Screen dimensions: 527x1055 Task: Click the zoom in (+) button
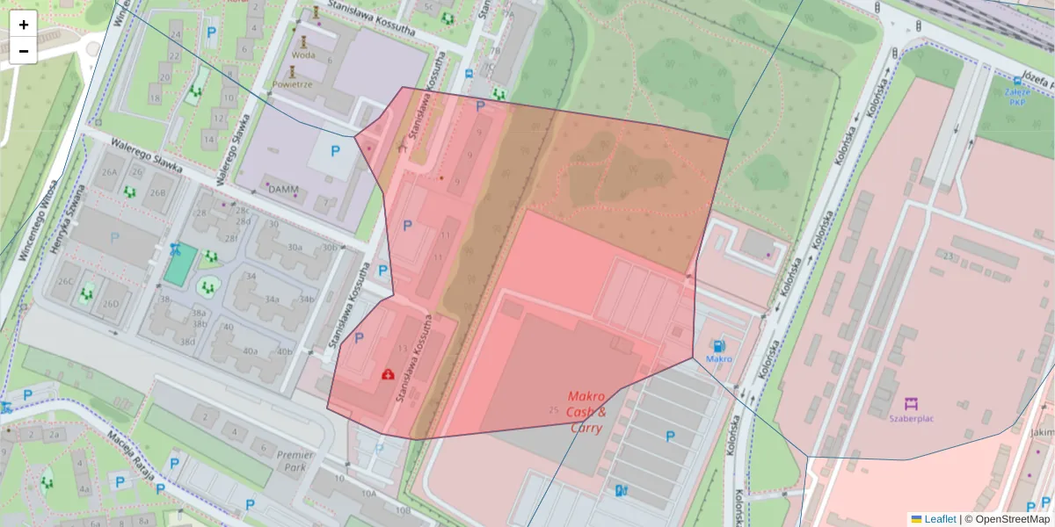tap(24, 25)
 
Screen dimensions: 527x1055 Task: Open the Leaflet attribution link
tap(939, 519)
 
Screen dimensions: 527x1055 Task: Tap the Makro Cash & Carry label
tap(586, 411)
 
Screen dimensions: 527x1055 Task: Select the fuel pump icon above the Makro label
tap(719, 346)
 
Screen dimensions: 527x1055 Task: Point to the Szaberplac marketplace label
tap(911, 418)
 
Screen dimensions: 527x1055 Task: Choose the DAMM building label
tap(283, 189)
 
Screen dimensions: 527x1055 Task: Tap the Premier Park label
tap(295, 461)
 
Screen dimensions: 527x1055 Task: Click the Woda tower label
tap(302, 54)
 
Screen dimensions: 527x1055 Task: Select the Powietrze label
tap(292, 85)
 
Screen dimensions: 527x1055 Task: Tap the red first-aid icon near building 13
tap(388, 374)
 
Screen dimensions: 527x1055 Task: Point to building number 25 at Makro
tap(553, 410)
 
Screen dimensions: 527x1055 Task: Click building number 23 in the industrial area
tap(948, 256)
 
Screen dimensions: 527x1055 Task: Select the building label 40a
tap(251, 351)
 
